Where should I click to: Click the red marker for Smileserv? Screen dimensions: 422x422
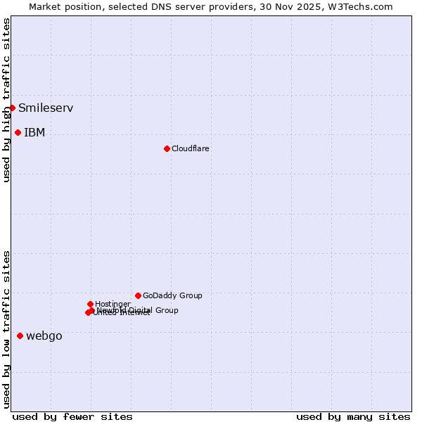pyautogui.click(x=13, y=108)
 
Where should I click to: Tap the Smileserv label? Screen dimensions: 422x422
pyautogui.click(x=46, y=108)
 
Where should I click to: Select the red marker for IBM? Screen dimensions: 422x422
pyautogui.click(x=18, y=132)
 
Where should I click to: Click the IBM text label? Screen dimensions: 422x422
pyautogui.click(x=34, y=133)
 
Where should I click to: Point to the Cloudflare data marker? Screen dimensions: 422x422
pyautogui.click(x=167, y=148)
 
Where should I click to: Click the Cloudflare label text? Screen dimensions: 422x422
pyautogui.click(x=190, y=149)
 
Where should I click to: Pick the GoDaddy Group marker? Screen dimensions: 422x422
pyautogui.click(x=138, y=295)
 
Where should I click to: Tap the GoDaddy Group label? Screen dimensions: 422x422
pyautogui.click(x=172, y=296)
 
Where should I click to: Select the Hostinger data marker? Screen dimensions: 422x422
pyautogui.click(x=90, y=304)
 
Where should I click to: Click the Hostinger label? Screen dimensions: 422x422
pyautogui.click(x=113, y=304)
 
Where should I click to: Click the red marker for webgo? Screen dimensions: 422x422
pyautogui.click(x=20, y=335)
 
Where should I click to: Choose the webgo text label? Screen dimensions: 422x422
pyautogui.click(x=44, y=336)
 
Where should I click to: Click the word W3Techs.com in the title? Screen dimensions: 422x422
pyautogui.click(x=364, y=7)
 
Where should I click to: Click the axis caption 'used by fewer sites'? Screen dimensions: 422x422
pyautogui.click(x=72, y=417)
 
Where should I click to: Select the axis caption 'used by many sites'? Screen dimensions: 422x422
pyautogui.click(x=353, y=417)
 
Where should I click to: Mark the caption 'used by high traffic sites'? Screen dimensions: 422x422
pyautogui.click(x=7, y=100)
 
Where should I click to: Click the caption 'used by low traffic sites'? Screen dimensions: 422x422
pyautogui.click(x=7, y=329)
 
